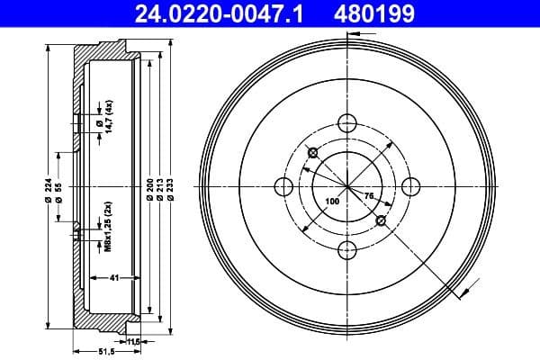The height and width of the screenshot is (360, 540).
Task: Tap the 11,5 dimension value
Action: click(135, 342)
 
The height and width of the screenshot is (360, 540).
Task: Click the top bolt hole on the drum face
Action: click(346, 122)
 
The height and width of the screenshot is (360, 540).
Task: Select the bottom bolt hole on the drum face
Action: click(346, 250)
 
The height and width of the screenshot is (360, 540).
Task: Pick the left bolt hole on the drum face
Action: click(283, 186)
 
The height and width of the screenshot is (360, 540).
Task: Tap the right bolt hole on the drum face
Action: click(410, 186)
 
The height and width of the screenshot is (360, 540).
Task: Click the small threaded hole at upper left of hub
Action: click(311, 152)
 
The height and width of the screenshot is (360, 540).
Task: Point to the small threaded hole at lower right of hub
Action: click(381, 220)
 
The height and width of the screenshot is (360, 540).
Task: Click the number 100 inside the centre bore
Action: click(332, 202)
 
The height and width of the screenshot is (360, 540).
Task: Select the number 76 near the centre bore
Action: click(368, 194)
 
